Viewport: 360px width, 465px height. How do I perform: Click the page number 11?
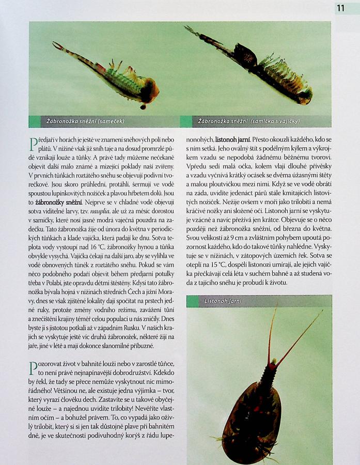[340, 8]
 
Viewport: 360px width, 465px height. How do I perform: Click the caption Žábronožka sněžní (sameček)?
[86, 121]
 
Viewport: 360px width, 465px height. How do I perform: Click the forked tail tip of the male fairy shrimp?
[56, 45]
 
